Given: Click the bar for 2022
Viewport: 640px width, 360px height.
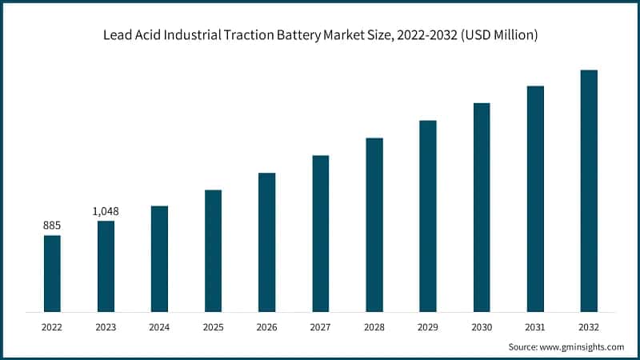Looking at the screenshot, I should coord(52,273).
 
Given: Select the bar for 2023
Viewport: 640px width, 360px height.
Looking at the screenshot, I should coord(106,266).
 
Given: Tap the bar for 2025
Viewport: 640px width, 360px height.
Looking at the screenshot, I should coord(213,250).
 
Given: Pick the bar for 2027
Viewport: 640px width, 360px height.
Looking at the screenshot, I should coord(320,233).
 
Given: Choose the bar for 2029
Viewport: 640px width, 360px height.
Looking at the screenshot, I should coord(428,215).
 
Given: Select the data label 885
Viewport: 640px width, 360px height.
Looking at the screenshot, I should coord(52,226).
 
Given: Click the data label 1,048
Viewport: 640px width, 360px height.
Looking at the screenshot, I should coord(106,211).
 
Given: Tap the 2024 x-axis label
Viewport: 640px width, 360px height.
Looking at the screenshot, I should coord(159,327).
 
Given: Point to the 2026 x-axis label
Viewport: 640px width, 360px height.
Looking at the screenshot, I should coord(266,327).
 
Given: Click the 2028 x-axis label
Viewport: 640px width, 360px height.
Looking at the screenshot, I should coord(374,327).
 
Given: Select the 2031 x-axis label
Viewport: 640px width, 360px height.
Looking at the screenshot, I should coord(535,327).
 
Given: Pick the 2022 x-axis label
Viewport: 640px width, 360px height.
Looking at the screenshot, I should coord(52,327).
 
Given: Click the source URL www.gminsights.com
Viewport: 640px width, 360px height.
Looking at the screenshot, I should coord(583,347).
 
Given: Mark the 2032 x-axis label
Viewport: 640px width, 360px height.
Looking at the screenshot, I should coord(589,327).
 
